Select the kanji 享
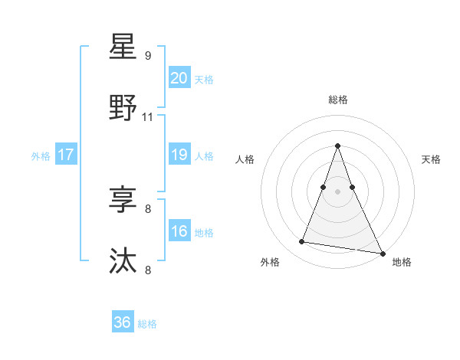click(123, 201)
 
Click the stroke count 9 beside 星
click(148, 55)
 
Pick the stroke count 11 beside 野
click(148, 117)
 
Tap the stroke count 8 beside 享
click(148, 208)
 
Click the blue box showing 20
click(179, 77)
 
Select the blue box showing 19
click(179, 155)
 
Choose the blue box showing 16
click(179, 231)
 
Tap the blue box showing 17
click(66, 155)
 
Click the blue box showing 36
click(123, 322)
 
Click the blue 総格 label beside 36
click(147, 324)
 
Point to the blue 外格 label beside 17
click(41, 156)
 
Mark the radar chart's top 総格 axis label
click(338, 100)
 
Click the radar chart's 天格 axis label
click(432, 159)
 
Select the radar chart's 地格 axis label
click(402, 262)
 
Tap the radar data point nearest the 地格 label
click(381, 252)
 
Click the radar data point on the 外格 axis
click(302, 242)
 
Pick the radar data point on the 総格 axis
click(338, 146)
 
